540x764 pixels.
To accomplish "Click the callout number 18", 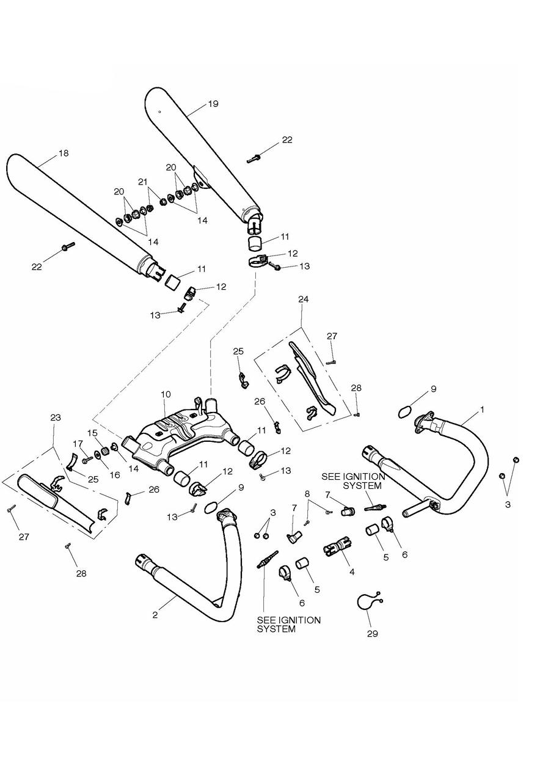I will point(64,153).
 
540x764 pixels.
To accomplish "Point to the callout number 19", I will point(213,104).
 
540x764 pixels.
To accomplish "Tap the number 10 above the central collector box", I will point(166,394).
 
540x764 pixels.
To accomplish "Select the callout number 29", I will point(372,633).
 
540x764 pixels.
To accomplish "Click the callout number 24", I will point(304,299).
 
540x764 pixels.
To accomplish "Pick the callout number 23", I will point(56,417).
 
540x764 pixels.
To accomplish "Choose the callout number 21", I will point(143,182).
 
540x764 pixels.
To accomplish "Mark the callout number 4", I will point(351,572).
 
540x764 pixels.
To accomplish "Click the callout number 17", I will point(78,443).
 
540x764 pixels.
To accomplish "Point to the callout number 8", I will point(307,493).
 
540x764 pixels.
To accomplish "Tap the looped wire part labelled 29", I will point(367,601).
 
